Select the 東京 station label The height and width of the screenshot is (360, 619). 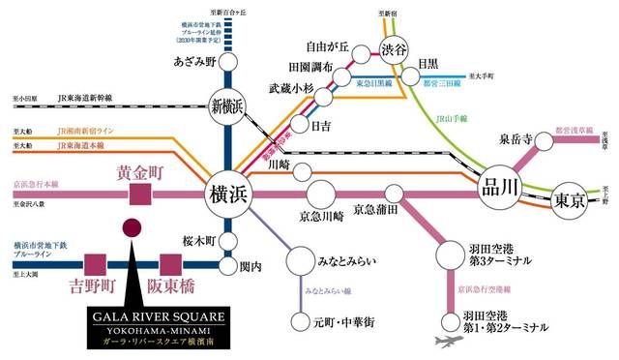569,203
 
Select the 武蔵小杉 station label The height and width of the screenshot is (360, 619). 292,88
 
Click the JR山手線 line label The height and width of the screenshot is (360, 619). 452,117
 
